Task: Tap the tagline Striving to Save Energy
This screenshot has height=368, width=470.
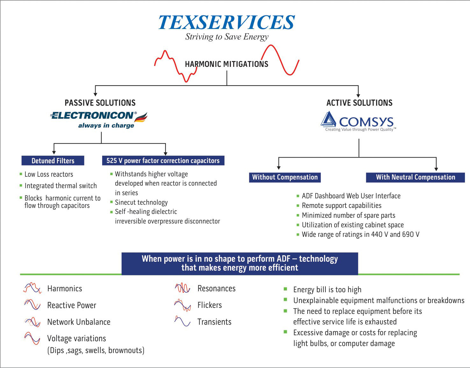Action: point(227,37)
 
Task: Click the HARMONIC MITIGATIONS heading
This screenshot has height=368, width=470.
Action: point(226,64)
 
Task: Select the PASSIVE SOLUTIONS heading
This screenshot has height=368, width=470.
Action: point(100,103)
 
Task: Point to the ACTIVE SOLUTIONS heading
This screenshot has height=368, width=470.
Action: point(359,103)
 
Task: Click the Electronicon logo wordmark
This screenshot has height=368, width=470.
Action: point(92,115)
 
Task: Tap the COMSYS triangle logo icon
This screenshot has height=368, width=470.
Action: point(328,119)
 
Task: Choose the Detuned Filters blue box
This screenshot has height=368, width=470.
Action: point(53,160)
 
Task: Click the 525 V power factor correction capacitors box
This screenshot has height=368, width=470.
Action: point(163,160)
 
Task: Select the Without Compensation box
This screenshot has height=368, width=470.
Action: point(285,177)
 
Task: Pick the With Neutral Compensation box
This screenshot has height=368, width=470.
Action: point(415,177)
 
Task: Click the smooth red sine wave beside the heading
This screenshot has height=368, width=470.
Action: point(280,60)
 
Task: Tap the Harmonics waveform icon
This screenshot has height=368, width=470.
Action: point(32,288)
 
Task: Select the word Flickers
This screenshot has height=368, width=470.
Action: point(210,305)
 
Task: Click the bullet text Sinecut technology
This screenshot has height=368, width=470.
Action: point(141,202)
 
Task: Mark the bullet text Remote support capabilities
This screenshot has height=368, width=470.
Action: point(341,206)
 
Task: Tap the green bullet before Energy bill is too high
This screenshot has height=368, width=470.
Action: point(285,289)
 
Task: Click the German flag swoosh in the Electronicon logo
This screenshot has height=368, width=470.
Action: point(141,117)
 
